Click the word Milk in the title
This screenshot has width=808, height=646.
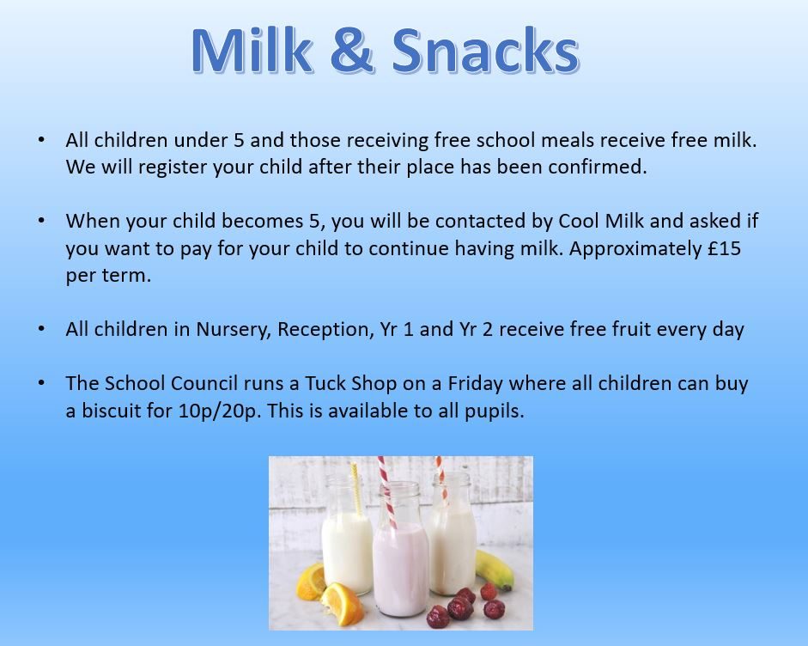pyautogui.click(x=252, y=50)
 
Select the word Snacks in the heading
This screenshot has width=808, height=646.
pyautogui.click(x=486, y=50)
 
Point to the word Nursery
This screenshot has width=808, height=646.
pyautogui.click(x=234, y=330)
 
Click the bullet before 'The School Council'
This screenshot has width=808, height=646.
pyautogui.click(x=41, y=383)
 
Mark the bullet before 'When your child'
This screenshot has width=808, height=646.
pyautogui.click(x=41, y=220)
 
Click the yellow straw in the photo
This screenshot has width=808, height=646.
pyautogui.click(x=355, y=489)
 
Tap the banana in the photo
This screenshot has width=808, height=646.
pyautogui.click(x=495, y=570)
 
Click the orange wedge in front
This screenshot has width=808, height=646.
pyautogui.click(x=342, y=603)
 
